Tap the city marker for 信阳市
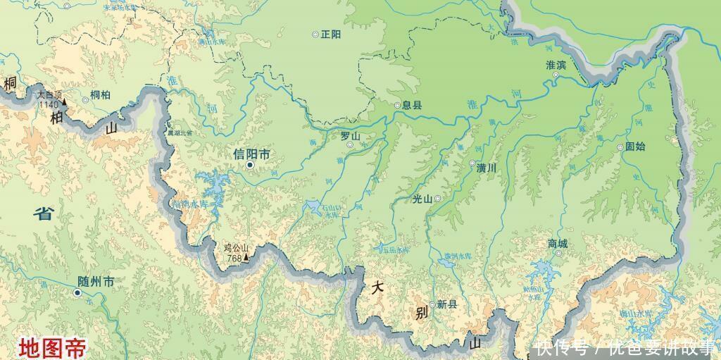[x=250, y=166]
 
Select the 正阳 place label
[x=330, y=34]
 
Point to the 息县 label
[x=412, y=106]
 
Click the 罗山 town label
[x=350, y=136]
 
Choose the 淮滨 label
[x=556, y=65]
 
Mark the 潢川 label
[x=487, y=168]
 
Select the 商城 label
[x=557, y=244]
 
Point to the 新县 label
[x=446, y=304]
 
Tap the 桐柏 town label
[x=101, y=95]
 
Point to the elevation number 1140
[x=49, y=104]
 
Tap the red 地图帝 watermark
[x=53, y=347]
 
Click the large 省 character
[x=44, y=213]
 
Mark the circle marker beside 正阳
[x=315, y=34]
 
